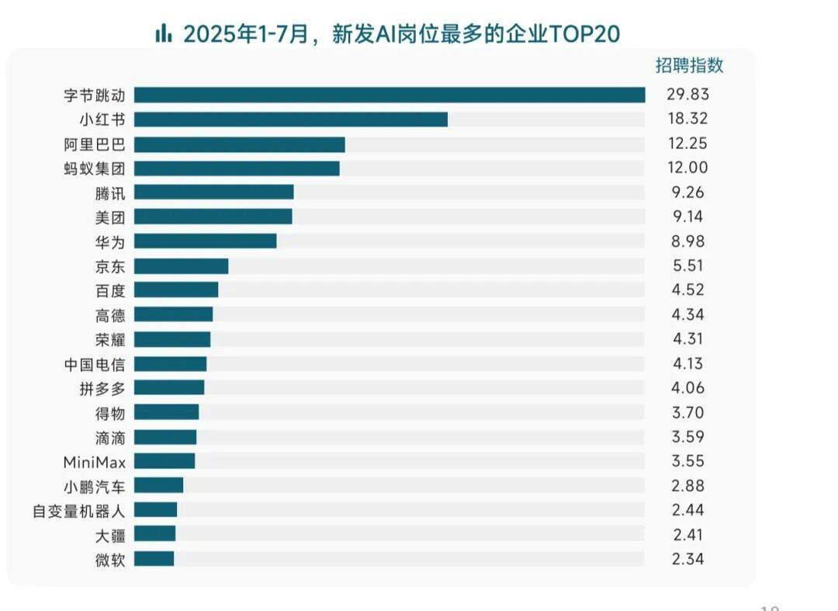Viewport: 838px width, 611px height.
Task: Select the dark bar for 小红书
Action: (x=291, y=119)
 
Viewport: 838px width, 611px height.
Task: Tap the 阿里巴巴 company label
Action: (x=94, y=144)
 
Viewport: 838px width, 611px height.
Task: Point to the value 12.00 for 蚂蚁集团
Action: (x=687, y=168)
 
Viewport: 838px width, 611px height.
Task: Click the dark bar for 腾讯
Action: (x=214, y=193)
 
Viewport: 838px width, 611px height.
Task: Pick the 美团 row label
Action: (x=109, y=217)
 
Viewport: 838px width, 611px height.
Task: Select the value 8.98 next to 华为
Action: (x=687, y=241)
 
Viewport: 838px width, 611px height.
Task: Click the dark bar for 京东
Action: (x=182, y=266)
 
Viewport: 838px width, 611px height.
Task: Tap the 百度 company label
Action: (x=109, y=290)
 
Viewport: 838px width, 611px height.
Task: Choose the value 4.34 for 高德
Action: (x=687, y=314)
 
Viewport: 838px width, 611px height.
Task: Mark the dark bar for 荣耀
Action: (x=172, y=339)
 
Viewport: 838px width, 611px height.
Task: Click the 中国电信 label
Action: (x=94, y=363)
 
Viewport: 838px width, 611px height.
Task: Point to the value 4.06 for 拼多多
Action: (x=687, y=388)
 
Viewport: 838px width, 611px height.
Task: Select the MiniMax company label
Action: (x=94, y=462)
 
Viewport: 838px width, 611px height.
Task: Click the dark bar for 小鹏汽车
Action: (x=159, y=485)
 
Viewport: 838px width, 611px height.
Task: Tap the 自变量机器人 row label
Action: (x=78, y=510)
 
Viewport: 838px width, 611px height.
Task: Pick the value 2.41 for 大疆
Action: (x=687, y=534)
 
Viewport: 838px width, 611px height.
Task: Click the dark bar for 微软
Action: (x=154, y=559)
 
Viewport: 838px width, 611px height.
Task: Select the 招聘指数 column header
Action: (x=689, y=66)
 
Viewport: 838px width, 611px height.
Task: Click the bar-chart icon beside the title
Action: (x=163, y=33)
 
